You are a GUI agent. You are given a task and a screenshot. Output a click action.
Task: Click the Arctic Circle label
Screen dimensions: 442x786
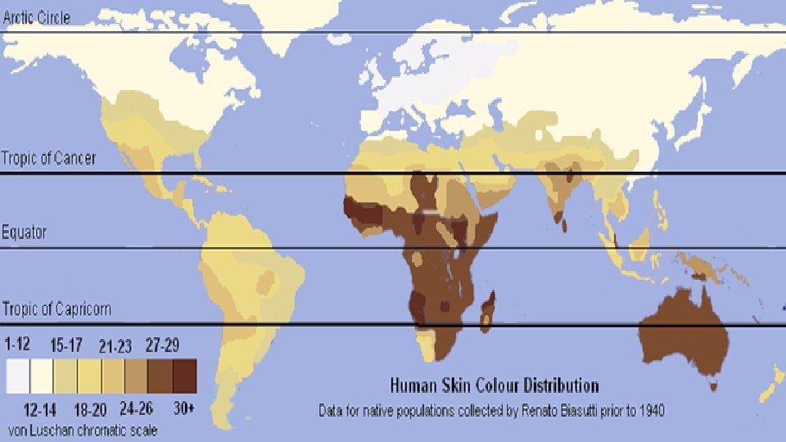(36, 16)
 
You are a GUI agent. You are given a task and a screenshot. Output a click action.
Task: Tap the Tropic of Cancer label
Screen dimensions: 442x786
(48, 157)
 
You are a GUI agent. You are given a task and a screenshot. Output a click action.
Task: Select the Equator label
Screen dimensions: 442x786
(24, 232)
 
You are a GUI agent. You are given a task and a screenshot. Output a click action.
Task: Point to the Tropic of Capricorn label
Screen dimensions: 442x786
(56, 309)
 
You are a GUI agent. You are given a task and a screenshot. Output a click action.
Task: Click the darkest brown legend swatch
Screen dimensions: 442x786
(184, 377)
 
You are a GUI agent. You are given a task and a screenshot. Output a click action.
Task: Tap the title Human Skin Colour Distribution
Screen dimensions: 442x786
(494, 385)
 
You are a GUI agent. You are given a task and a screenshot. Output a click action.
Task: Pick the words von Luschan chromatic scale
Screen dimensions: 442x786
(82, 429)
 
